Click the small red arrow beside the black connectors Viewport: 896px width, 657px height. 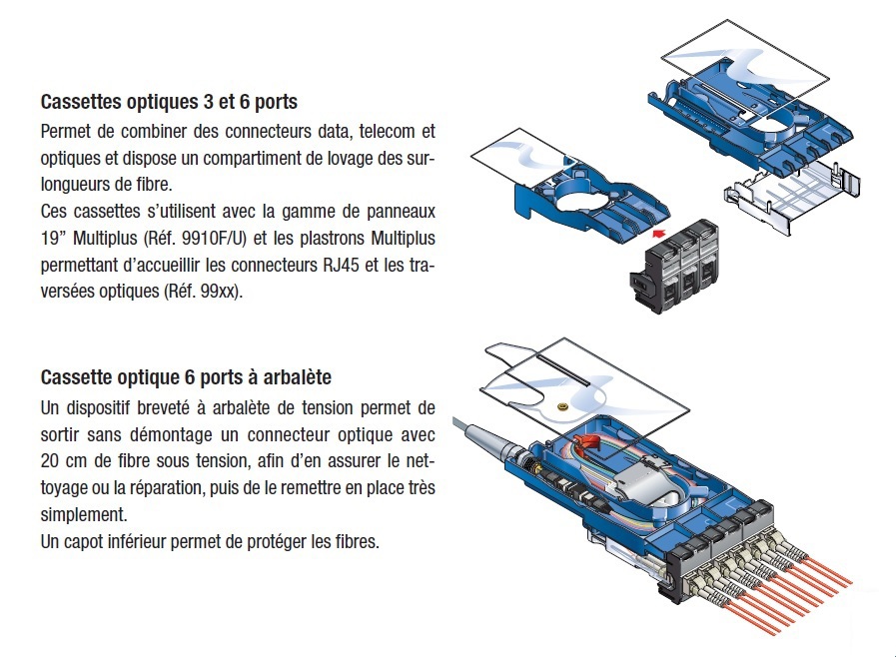coord(656,231)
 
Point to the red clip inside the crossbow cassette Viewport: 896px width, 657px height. coord(591,444)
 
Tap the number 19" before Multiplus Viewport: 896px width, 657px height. coord(53,240)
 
